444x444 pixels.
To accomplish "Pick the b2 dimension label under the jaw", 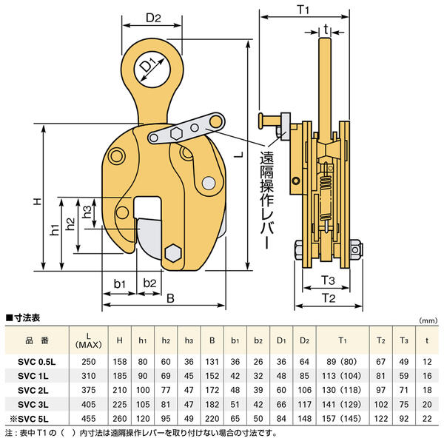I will pyautogui.click(x=149, y=283).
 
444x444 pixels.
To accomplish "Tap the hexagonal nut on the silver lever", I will pyautogui.click(x=178, y=134).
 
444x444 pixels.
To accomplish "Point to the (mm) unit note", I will pyautogui.click(x=428, y=321).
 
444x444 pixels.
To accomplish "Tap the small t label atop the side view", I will pyautogui.click(x=326, y=30).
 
